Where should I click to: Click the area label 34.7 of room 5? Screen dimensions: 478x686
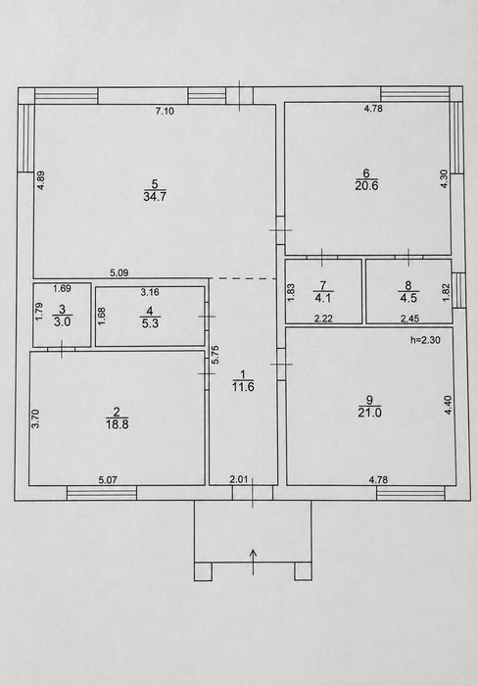(155, 196)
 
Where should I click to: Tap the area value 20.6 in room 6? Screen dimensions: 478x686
(367, 185)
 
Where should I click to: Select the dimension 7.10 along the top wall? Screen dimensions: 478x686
(165, 111)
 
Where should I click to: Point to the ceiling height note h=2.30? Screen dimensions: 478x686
(425, 340)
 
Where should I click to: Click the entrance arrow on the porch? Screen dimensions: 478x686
(254, 562)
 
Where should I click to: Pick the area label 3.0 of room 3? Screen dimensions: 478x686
(62, 322)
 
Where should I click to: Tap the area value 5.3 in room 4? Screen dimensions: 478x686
(150, 323)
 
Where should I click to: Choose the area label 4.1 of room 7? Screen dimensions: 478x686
(323, 299)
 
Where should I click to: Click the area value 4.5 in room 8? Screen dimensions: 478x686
(408, 299)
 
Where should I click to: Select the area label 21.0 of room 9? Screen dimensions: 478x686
(369, 413)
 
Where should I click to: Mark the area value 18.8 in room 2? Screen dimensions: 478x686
(117, 424)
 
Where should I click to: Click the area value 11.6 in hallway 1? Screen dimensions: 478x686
(243, 387)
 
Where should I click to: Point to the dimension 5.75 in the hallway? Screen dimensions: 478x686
(216, 355)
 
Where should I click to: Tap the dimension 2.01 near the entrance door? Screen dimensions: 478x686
(239, 479)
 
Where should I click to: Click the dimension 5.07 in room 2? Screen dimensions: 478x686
(108, 480)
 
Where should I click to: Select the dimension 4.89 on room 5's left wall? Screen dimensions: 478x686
(41, 179)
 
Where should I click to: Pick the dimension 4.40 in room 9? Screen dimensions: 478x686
(448, 405)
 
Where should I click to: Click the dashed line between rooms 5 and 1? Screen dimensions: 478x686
(243, 278)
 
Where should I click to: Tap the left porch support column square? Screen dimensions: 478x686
(203, 571)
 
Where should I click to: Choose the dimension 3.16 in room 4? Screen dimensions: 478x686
(150, 292)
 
